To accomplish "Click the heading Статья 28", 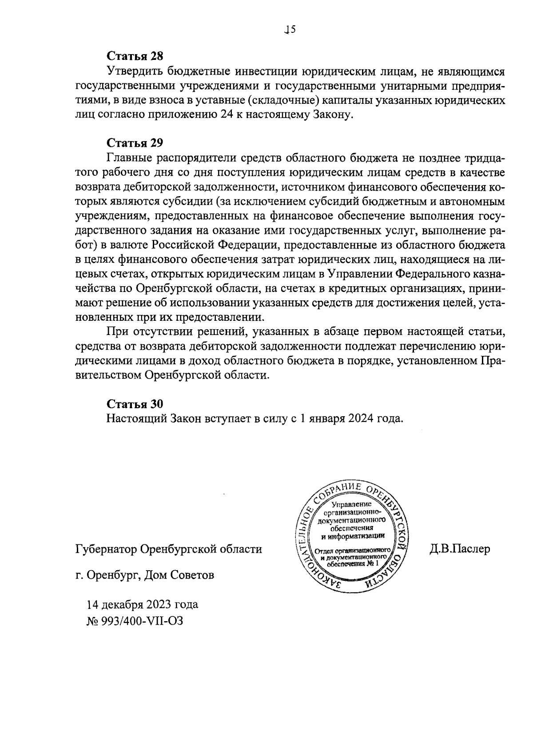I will pos(135,56).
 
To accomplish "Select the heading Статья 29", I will pos(135,143).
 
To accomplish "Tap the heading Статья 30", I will pos(135,404).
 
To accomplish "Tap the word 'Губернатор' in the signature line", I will pos(106,549).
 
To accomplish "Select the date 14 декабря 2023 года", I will pos(143,604).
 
